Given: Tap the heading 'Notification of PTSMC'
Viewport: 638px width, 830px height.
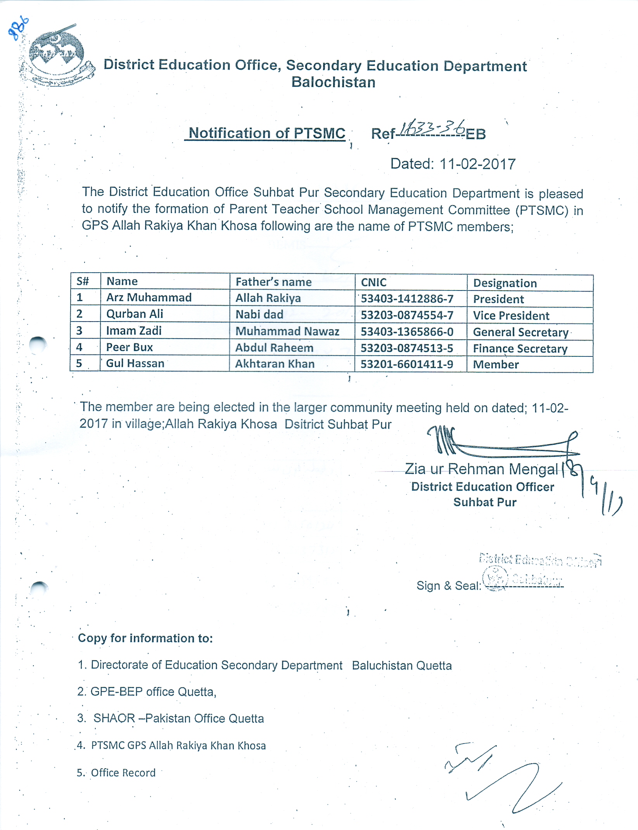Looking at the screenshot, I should tap(267, 133).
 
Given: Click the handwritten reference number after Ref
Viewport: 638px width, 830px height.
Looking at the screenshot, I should tap(432, 128).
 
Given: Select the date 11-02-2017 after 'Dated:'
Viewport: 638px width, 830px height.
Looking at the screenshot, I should tap(477, 164).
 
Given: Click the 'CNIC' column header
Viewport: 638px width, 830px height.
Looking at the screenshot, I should tap(373, 282).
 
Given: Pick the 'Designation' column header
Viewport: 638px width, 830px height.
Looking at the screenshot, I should tap(505, 283).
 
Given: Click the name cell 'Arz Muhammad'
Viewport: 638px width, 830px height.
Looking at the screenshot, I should tap(149, 297).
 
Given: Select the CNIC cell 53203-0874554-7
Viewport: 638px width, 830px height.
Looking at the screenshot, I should tap(407, 315).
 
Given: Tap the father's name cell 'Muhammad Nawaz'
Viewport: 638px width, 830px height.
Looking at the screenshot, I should tap(287, 331).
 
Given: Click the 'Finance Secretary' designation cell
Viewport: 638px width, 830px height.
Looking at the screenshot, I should tap(520, 349).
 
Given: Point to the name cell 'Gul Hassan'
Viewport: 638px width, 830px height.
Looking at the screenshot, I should tap(135, 363).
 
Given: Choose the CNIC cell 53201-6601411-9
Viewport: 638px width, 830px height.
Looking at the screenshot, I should tap(406, 364).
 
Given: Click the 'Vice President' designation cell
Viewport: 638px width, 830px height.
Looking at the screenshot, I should tap(511, 316).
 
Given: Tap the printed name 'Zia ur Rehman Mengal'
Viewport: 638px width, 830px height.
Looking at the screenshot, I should tap(481, 469).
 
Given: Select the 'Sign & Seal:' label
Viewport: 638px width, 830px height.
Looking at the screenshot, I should tap(448, 586).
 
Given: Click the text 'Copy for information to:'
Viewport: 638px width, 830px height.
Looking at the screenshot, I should tap(145, 638).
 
